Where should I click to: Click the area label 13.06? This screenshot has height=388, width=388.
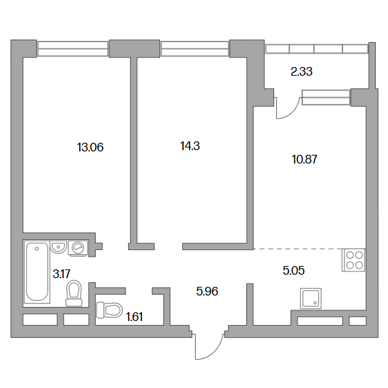click(90, 147)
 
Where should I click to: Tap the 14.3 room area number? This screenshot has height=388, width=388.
click(190, 146)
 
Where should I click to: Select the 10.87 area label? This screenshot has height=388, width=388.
click(304, 159)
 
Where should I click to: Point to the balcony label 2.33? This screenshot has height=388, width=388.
click(302, 72)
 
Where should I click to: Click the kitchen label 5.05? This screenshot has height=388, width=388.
click(294, 271)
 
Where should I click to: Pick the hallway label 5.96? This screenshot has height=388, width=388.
click(207, 292)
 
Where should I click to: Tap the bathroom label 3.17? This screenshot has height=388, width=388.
click(62, 274)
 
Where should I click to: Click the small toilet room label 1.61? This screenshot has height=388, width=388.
click(135, 317)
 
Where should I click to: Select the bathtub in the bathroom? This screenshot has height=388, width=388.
click(37, 271)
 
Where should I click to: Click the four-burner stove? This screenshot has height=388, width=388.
click(354, 260)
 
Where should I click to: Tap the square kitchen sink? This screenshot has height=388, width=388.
click(311, 298)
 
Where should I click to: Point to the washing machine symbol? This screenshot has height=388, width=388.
click(78, 248)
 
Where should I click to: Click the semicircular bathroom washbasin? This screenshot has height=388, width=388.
click(58, 247)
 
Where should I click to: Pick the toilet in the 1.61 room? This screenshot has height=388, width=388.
click(110, 309)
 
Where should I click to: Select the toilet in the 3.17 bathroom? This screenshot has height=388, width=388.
click(74, 293)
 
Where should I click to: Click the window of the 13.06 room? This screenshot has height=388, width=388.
click(73, 49)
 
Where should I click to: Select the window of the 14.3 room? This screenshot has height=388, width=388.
click(194, 49)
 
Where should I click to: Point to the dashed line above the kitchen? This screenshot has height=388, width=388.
click(298, 249)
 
